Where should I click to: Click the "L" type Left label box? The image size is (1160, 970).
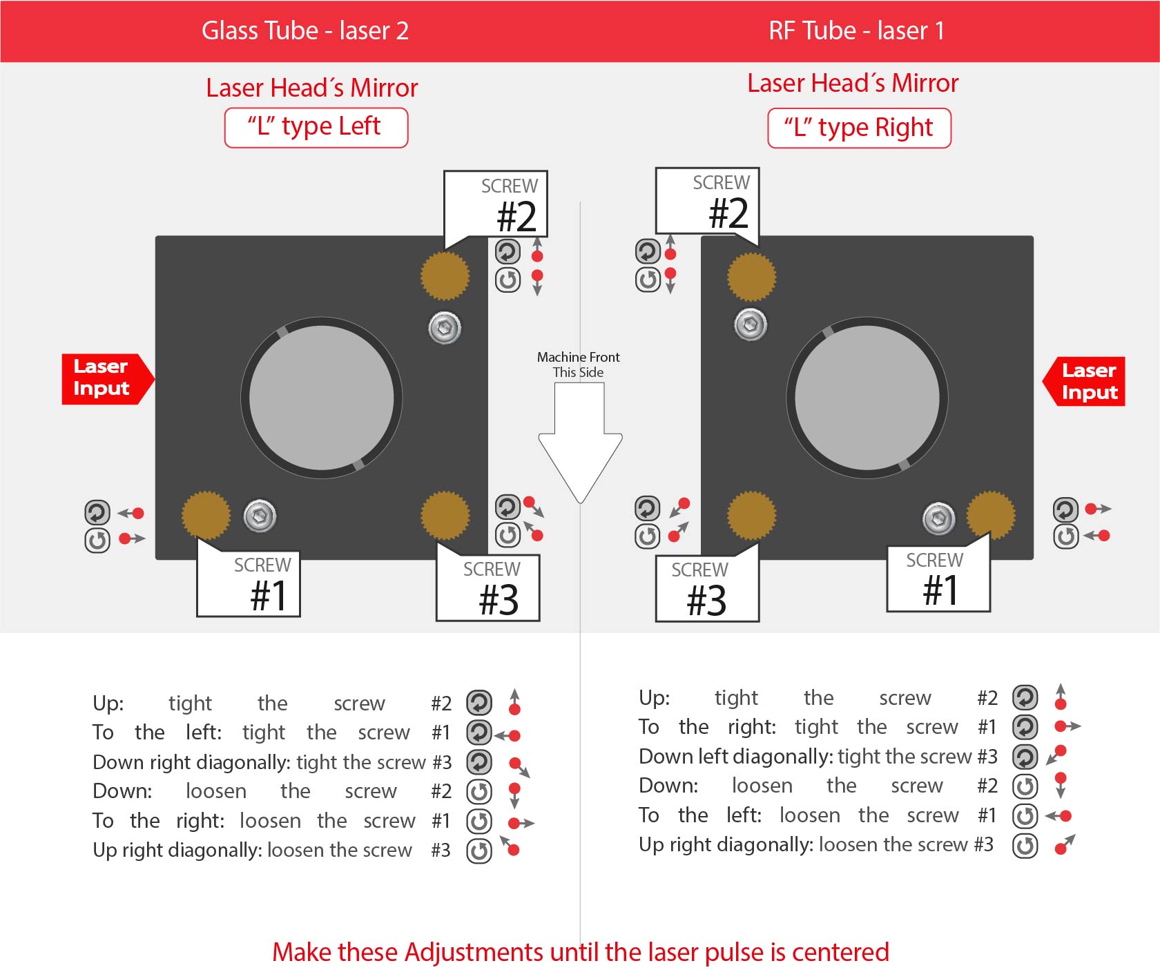point(316,127)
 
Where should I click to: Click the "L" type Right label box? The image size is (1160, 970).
point(859,128)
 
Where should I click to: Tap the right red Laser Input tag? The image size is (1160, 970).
point(1085,381)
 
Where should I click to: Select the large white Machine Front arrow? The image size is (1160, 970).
point(580,442)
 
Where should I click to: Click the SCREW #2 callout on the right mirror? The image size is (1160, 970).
point(707,201)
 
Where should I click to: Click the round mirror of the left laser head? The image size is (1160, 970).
point(321,398)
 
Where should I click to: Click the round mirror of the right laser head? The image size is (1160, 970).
point(867,398)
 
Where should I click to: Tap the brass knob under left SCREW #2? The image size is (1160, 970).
point(445,275)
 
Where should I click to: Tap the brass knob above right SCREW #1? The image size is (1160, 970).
point(990,515)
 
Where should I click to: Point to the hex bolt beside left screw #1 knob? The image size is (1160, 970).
point(260,516)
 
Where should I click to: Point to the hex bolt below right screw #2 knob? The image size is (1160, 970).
point(751,324)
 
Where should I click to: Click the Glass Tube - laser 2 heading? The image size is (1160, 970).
point(305,31)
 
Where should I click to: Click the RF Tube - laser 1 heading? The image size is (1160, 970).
point(856,31)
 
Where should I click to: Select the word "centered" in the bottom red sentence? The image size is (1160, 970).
point(840,952)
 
